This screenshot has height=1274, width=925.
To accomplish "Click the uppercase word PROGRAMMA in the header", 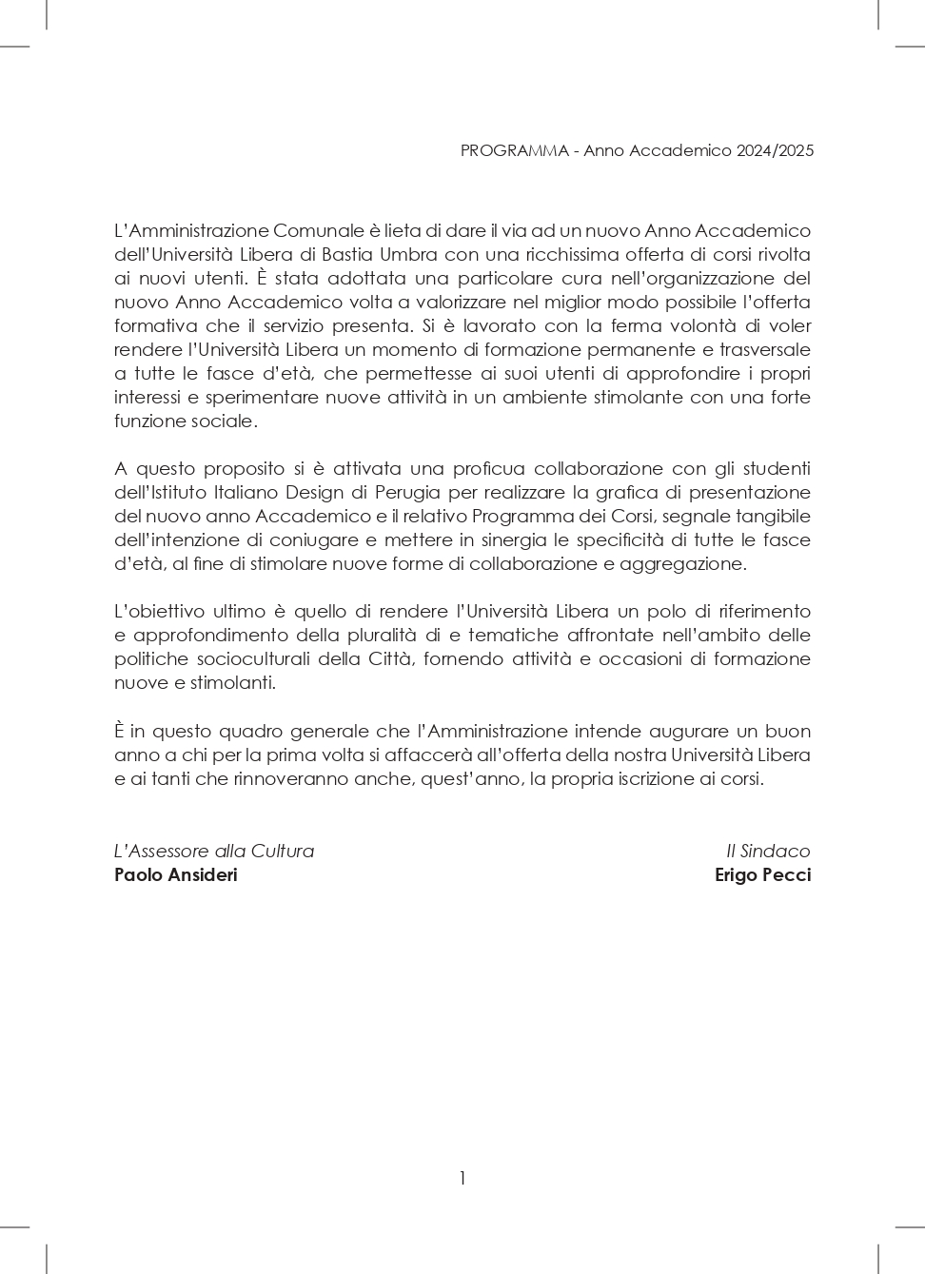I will pyautogui.click(x=514, y=150).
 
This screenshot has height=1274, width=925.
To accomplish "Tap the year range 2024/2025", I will pyautogui.click(x=775, y=150).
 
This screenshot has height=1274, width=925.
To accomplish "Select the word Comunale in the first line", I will pyautogui.click(x=319, y=230).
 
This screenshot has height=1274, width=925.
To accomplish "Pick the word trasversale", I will pyautogui.click(x=765, y=349).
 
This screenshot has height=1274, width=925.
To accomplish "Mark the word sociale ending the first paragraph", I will pyautogui.click(x=226, y=421).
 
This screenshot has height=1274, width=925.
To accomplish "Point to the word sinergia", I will pyautogui.click(x=512, y=539).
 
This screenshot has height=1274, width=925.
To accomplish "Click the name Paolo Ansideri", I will pyautogui.click(x=176, y=874).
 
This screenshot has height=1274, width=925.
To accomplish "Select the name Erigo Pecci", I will pyautogui.click(x=762, y=874).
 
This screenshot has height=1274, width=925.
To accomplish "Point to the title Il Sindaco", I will pyautogui.click(x=768, y=851).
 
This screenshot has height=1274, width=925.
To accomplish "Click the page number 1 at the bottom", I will pyautogui.click(x=462, y=1178).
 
